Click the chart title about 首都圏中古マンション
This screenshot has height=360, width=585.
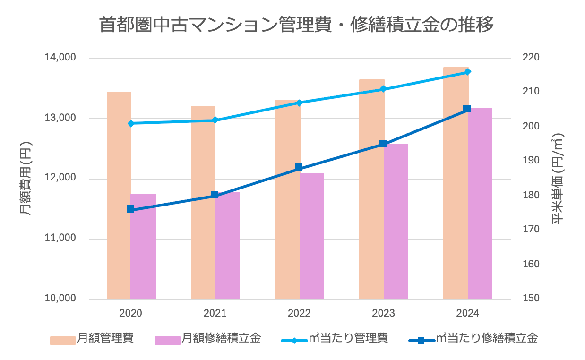tap(296, 25)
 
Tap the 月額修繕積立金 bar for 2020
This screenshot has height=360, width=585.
tap(143, 246)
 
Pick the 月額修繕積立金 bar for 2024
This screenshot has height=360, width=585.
tap(480, 203)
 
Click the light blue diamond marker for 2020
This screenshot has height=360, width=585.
tap(131, 123)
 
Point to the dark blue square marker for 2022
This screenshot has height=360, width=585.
tap(299, 167)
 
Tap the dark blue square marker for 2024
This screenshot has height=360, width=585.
tap(467, 109)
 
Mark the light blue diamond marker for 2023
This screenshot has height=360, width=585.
tap(383, 89)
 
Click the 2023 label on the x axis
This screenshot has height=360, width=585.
tap(383, 313)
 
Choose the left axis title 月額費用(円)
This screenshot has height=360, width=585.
tap(26, 178)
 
